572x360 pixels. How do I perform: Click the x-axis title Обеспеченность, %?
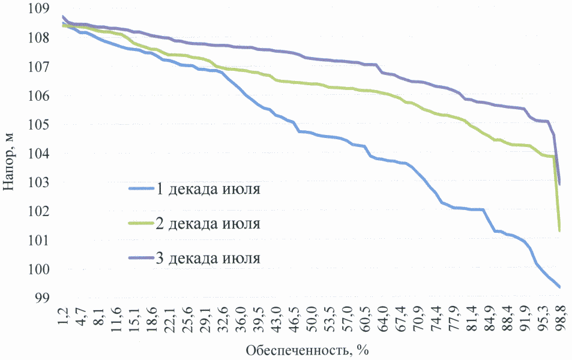pos(306,349)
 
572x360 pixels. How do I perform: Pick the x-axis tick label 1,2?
pos(63,316)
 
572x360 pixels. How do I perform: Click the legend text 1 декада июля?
pos(208,190)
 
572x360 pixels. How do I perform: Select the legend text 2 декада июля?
pos(208,224)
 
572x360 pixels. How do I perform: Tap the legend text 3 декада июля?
pos(208,259)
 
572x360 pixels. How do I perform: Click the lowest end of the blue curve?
pos(559,287)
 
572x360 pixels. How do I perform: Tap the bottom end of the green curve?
pos(559,231)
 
